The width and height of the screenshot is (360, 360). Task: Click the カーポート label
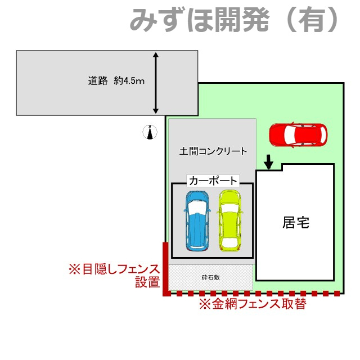pyautogui.click(x=213, y=181)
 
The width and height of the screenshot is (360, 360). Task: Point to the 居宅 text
pyautogui.click(x=296, y=223)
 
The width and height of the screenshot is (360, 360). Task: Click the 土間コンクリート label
pyautogui.click(x=213, y=151)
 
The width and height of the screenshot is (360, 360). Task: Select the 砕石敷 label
pyautogui.click(x=211, y=277)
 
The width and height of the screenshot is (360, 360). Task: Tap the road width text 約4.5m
pyautogui.click(x=129, y=81)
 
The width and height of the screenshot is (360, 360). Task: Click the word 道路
pyautogui.click(x=97, y=81)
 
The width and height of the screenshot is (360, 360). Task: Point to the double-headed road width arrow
pyautogui.click(x=156, y=83)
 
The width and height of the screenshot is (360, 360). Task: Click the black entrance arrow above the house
pyautogui.click(x=269, y=162)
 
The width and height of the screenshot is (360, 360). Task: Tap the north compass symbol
pyautogui.click(x=150, y=132)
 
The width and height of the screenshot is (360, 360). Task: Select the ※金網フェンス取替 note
pyautogui.click(x=253, y=304)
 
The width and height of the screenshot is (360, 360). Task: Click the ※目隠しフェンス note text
pyautogui.click(x=114, y=269)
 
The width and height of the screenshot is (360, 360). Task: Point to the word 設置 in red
pyautogui.click(x=147, y=283)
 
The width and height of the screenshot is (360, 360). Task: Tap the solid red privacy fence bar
pyautogui.click(x=165, y=268)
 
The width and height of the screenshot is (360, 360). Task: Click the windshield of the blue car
pyautogui.click(x=196, y=207)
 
